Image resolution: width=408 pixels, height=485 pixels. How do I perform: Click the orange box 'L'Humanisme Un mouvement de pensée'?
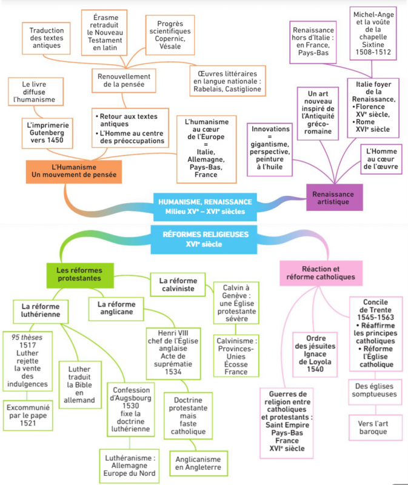73,172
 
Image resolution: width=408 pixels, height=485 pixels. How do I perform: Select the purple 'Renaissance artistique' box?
335,198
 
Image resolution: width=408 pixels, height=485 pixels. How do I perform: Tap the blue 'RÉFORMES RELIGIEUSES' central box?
204,239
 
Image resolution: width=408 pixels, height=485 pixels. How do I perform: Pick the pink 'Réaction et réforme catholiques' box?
321,273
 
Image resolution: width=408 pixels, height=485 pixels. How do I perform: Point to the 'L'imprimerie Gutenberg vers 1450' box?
47,133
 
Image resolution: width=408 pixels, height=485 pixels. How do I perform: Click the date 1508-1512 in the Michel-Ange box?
373,52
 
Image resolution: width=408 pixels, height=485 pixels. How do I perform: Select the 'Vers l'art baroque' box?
375,427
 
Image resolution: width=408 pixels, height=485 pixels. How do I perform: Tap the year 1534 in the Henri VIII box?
173,372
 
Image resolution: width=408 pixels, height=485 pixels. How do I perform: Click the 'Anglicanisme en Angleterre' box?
198,463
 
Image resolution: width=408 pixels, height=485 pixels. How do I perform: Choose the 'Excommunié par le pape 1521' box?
28,415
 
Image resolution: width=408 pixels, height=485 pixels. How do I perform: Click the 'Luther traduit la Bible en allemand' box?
80,384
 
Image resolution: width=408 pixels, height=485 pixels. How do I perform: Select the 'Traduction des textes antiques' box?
47,38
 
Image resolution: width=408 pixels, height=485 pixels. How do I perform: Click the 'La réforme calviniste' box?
178,284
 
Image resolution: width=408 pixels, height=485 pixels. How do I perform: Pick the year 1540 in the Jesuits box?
315,369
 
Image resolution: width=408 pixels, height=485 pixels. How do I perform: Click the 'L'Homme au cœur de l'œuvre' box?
381,159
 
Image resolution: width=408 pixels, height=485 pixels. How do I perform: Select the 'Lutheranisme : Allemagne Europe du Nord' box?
129,466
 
